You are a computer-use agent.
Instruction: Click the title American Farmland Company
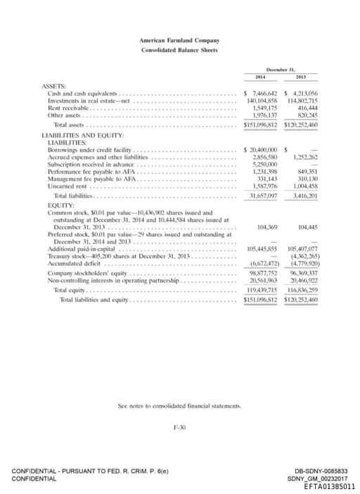[179, 41]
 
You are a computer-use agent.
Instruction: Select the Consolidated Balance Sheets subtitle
[179, 51]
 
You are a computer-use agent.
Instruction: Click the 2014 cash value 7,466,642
[262, 93]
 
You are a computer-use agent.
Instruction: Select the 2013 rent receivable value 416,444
[304, 109]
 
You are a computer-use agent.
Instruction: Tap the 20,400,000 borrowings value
[262, 150]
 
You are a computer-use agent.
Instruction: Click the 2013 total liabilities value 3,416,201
[304, 196]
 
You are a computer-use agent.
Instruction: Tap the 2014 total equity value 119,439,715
[263, 290]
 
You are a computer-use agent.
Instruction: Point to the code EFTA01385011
[329, 486]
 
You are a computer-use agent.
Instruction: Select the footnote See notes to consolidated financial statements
[179, 406]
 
